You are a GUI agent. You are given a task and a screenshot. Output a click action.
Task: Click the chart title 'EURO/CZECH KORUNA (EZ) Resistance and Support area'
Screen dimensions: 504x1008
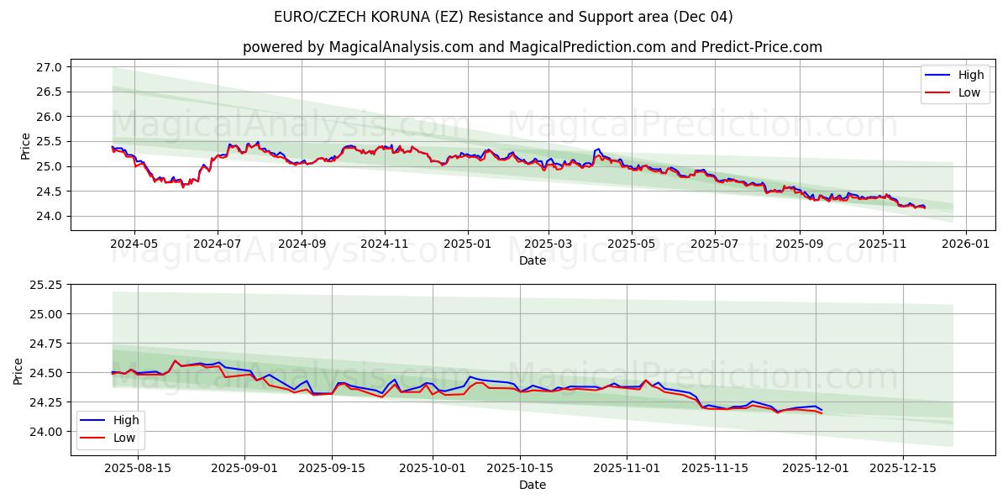[x=503, y=17]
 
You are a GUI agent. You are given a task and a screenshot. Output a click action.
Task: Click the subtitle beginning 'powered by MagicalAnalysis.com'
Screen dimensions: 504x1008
[x=533, y=47]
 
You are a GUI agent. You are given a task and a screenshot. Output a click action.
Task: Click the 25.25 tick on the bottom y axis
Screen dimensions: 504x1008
[x=47, y=285]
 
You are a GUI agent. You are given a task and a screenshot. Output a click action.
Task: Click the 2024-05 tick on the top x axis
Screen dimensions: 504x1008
[x=134, y=244]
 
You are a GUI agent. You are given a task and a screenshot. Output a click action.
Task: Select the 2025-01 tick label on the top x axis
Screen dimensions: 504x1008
[x=467, y=244]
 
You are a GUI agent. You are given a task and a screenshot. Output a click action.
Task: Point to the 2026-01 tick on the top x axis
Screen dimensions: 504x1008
[x=965, y=244]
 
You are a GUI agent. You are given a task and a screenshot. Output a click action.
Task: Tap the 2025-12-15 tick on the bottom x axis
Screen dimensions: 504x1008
[x=903, y=468]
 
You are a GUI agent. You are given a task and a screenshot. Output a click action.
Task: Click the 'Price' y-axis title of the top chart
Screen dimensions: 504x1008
[x=25, y=145]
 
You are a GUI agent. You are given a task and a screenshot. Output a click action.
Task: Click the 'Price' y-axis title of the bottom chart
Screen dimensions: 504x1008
[x=18, y=371]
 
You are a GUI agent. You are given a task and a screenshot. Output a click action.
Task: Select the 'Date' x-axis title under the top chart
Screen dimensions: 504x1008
[x=533, y=260]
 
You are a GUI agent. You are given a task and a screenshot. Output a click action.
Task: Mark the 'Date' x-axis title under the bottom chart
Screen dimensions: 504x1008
[x=533, y=485]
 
